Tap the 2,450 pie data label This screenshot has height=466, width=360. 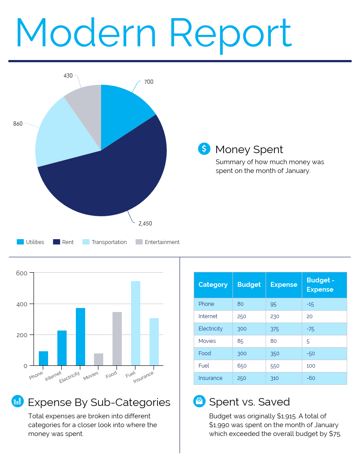(145, 224)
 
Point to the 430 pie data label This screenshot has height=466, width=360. (68, 76)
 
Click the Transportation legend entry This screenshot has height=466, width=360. (105, 242)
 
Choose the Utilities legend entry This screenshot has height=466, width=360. (30, 242)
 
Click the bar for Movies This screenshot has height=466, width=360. (98, 359)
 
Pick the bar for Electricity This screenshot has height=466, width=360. (80, 336)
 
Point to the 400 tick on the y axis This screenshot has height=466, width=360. (22, 304)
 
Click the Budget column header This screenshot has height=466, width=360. (249, 285)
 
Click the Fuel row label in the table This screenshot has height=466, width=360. (204, 366)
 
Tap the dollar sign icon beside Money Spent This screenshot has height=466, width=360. (204, 149)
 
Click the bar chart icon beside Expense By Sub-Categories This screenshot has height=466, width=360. (17, 401)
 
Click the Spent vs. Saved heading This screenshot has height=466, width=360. (249, 402)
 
